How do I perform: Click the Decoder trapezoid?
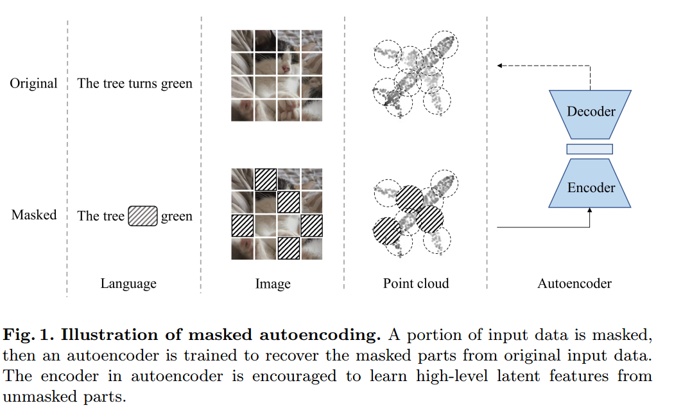tap(591, 113)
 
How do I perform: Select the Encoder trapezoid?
tap(591, 187)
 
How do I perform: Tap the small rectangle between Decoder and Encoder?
tap(589, 149)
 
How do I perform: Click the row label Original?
tap(33, 84)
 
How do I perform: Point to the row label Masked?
tap(34, 215)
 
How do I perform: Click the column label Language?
tap(128, 283)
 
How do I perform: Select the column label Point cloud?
tap(416, 283)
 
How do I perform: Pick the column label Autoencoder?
tap(575, 283)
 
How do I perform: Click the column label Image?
tap(273, 283)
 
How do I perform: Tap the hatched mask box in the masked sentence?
tap(142, 216)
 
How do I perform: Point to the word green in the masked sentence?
tap(177, 216)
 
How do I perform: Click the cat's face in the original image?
tap(288, 64)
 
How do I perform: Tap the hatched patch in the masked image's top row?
tap(266, 179)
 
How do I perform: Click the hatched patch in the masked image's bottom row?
tap(288, 247)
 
